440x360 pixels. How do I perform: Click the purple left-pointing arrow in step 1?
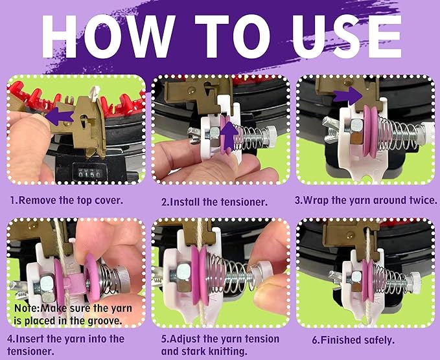point(59,116)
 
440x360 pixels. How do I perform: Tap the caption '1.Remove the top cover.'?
point(67,201)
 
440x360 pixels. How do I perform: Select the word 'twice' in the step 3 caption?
point(423,201)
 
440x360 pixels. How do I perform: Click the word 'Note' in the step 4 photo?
point(27,308)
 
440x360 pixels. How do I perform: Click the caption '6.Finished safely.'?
point(353,340)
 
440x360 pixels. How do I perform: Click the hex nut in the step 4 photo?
point(47,287)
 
